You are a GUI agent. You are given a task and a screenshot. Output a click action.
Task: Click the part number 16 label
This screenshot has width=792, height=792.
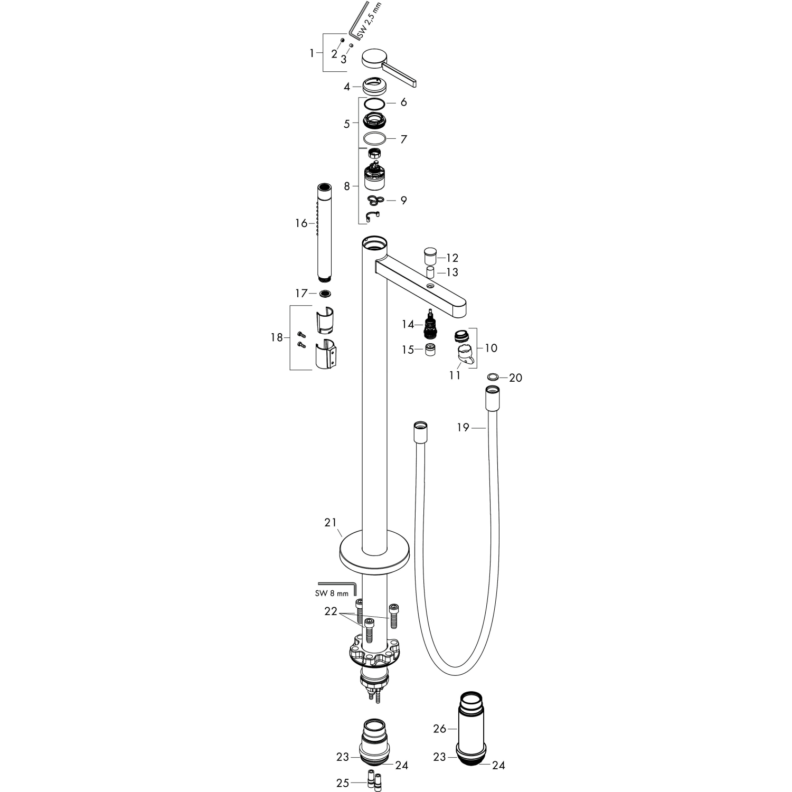pos(301,223)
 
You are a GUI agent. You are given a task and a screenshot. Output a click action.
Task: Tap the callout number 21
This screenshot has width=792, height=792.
pos(330,523)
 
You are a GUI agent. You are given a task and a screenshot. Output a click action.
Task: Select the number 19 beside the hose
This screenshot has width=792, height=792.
pos(463,428)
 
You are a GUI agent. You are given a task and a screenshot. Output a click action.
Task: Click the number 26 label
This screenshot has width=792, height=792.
pos(439,729)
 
